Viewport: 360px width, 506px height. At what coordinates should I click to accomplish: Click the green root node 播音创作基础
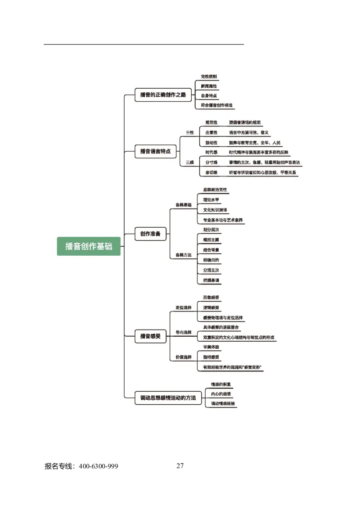[x=89, y=246]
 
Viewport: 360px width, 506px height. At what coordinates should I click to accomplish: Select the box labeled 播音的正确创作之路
[x=163, y=95]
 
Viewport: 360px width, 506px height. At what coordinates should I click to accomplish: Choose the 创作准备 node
[x=150, y=234]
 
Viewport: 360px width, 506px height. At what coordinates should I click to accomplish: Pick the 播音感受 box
[x=150, y=336]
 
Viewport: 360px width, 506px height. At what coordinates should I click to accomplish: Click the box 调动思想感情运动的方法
[x=168, y=398]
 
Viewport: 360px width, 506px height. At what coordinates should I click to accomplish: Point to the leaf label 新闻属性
[x=209, y=86]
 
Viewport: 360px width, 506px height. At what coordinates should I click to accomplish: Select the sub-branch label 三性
[x=190, y=133]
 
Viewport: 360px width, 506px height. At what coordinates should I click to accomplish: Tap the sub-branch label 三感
[x=190, y=163]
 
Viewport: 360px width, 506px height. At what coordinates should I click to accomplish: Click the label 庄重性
[x=211, y=132]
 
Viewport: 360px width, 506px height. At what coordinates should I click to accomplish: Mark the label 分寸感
[x=211, y=162]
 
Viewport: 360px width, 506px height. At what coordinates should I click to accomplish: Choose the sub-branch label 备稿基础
[x=183, y=205]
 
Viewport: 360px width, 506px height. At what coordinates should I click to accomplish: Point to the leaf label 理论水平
[x=211, y=200]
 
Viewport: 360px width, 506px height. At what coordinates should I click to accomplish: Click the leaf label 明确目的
[x=211, y=260]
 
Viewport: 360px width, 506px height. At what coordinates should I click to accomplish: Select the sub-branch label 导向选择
[x=183, y=332]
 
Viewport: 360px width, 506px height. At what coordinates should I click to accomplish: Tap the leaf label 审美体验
[x=211, y=347]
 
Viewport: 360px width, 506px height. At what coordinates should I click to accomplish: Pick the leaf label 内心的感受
[x=221, y=394]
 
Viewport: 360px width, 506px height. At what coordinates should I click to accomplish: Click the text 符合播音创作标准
[x=217, y=105]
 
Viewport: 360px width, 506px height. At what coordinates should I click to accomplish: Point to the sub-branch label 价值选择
[x=183, y=357]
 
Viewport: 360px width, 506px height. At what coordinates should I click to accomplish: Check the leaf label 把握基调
[x=211, y=280]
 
